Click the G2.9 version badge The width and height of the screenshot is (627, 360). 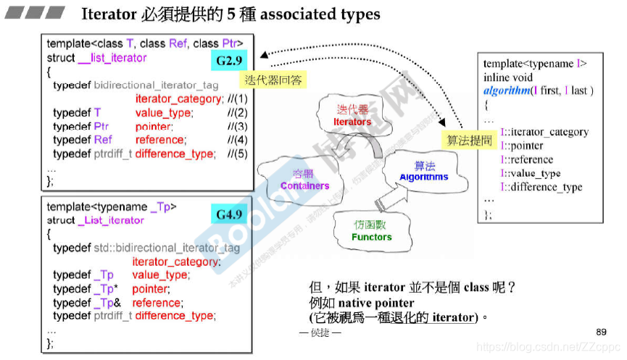coord(227,61)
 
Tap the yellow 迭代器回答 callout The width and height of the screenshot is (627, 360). coord(273,80)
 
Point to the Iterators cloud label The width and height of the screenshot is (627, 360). coord(352,122)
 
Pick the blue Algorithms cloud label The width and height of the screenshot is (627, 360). coord(424,177)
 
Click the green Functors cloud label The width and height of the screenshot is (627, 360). coord(371,237)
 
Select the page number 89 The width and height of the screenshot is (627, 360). coord(601,332)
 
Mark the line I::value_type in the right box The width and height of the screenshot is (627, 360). coord(531,173)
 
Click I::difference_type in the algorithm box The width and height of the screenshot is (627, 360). coord(541,187)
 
